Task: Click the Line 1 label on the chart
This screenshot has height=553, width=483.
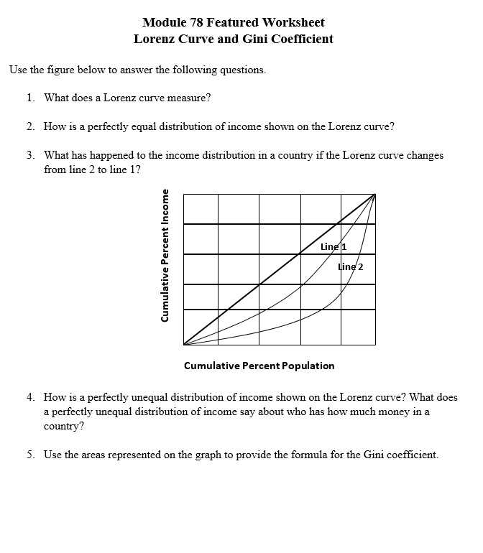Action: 333,246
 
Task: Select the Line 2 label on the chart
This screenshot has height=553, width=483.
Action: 351,266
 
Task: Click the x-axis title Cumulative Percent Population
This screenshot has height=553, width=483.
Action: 259,366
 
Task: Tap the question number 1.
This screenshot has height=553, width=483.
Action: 30,97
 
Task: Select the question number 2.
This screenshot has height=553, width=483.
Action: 30,126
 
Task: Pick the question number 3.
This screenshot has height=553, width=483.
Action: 30,155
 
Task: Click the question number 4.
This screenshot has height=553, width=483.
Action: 30,397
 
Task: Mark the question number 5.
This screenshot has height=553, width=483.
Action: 30,455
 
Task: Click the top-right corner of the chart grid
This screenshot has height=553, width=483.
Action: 375,194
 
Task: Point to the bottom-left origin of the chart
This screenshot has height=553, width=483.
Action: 184,345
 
